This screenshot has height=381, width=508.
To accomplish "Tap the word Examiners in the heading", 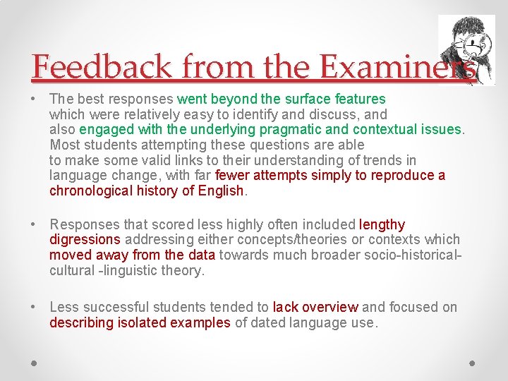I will (x=397, y=67).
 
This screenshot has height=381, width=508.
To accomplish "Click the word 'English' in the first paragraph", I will (x=220, y=190).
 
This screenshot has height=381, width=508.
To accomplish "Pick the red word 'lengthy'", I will (x=382, y=225).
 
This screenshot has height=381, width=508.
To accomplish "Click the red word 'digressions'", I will (x=85, y=240).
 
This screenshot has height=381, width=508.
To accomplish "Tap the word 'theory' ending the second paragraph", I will (x=184, y=270).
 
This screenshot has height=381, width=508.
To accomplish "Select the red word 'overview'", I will (x=330, y=308).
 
